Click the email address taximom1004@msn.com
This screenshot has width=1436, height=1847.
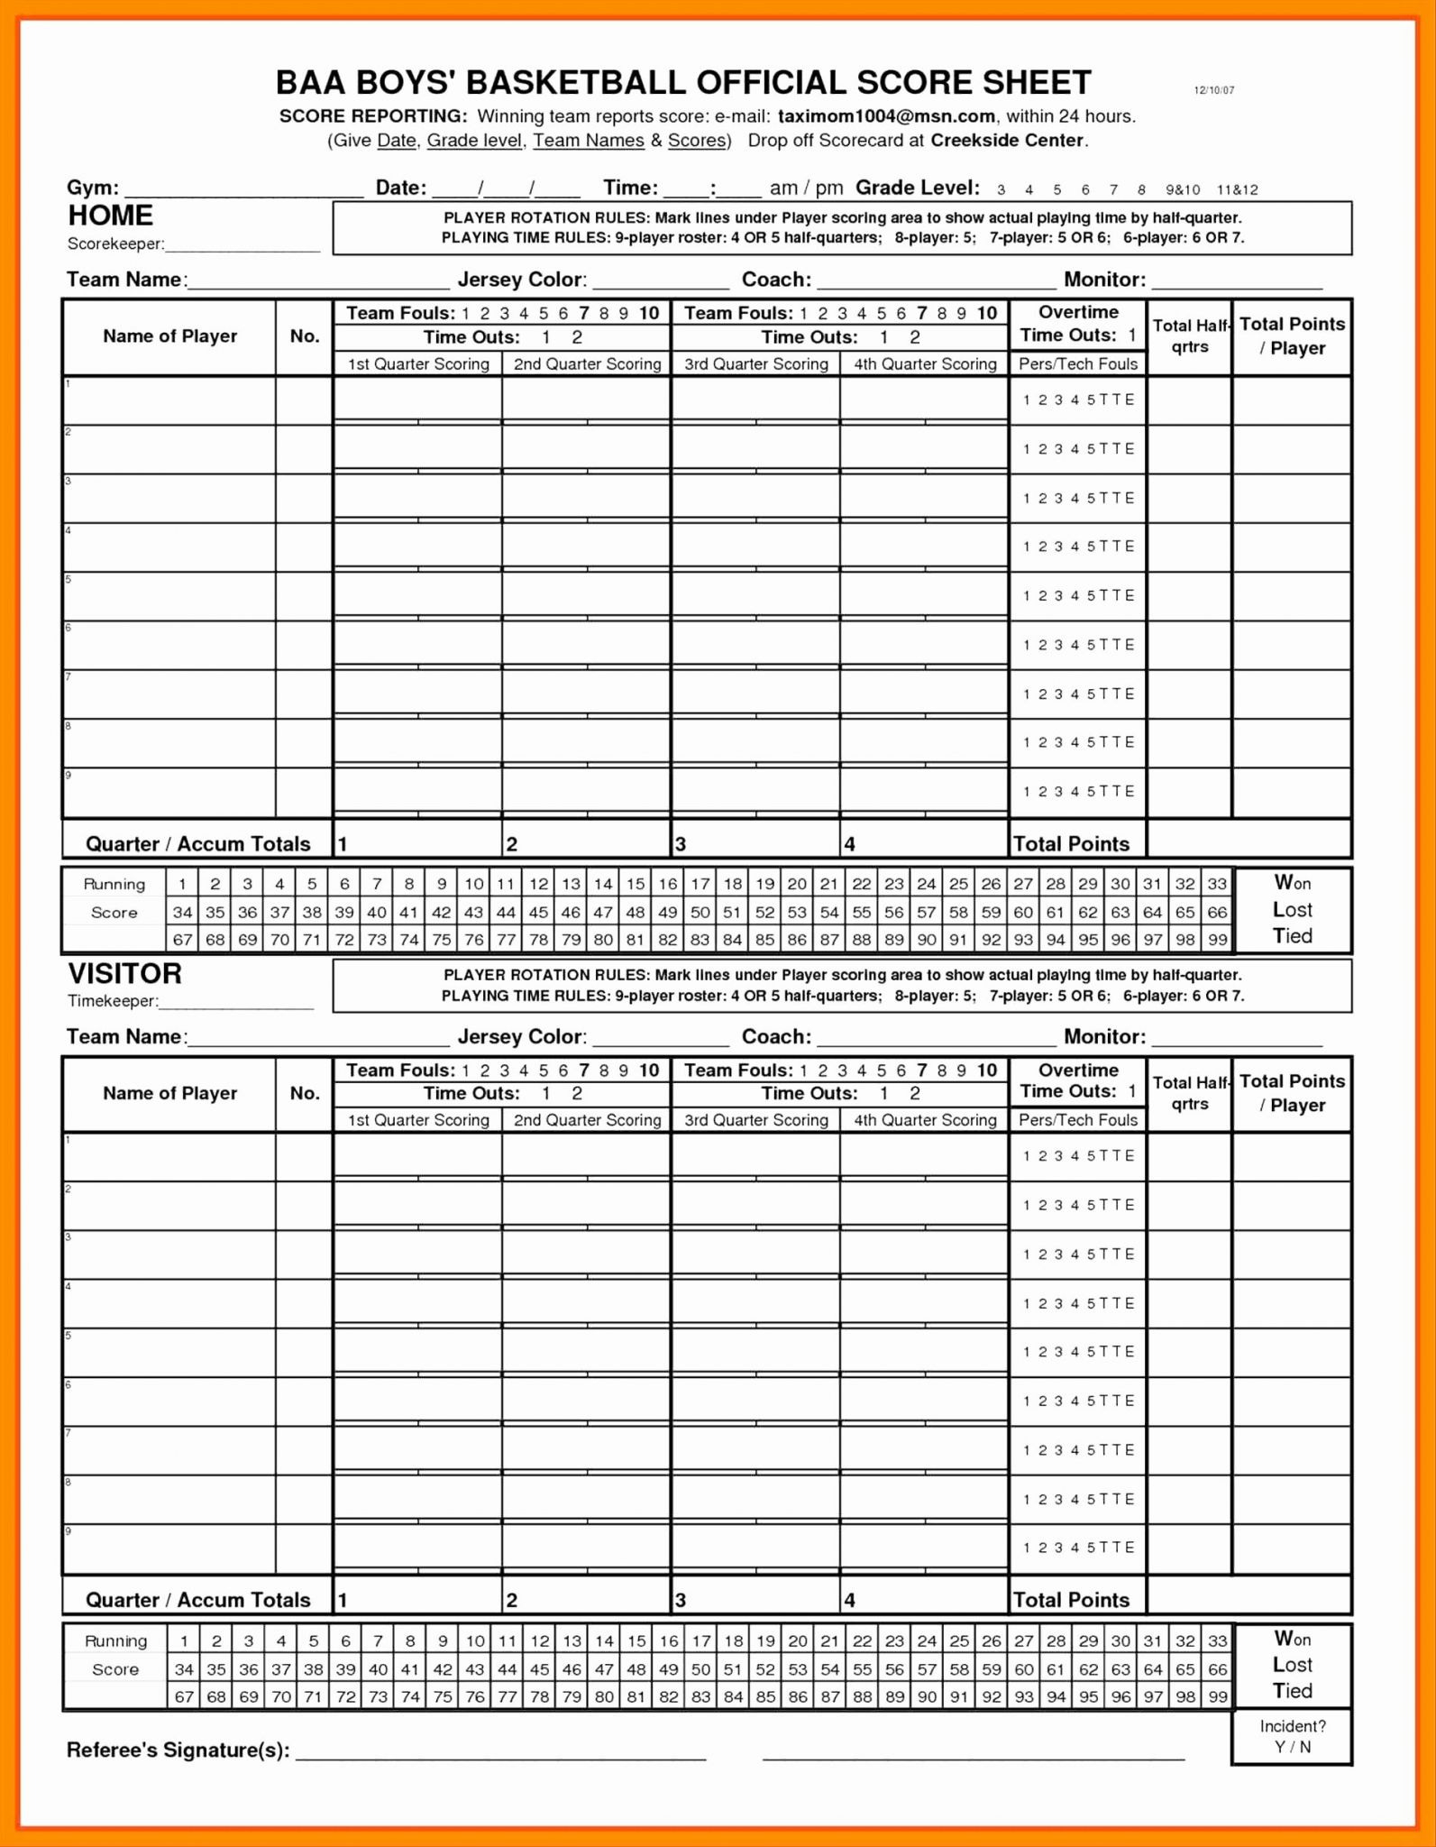(x=886, y=116)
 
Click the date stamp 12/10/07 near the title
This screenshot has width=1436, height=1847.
(x=1213, y=90)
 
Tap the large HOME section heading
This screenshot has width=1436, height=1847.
(x=110, y=216)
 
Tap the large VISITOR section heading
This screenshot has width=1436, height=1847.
(x=124, y=974)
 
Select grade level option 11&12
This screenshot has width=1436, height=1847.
(x=1237, y=190)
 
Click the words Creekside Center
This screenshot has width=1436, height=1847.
(x=1007, y=141)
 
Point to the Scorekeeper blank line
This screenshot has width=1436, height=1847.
(x=242, y=246)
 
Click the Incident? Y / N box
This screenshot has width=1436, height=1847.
(x=1292, y=1736)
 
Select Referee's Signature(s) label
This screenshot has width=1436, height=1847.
(x=178, y=1751)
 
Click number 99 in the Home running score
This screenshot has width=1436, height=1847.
(x=1217, y=940)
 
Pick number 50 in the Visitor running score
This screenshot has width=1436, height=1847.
(x=701, y=1669)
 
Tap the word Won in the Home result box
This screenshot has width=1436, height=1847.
(x=1292, y=882)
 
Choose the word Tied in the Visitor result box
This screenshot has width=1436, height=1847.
(x=1292, y=1691)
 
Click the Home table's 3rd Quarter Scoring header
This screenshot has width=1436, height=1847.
(x=755, y=364)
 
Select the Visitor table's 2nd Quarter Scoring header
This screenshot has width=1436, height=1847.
(x=587, y=1120)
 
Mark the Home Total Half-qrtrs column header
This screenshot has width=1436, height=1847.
(x=1190, y=336)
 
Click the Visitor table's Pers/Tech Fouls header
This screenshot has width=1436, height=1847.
(x=1077, y=1120)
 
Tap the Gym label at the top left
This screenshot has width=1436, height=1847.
(x=92, y=188)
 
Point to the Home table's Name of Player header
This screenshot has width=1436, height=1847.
(x=169, y=336)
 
